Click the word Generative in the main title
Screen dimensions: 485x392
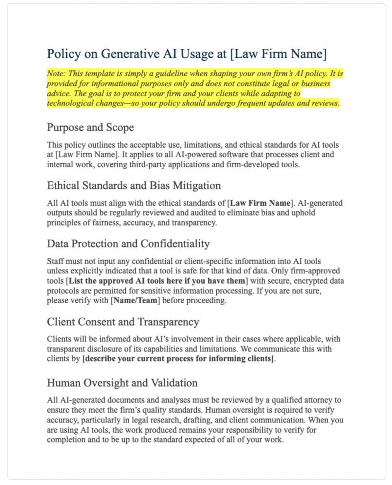(129, 54)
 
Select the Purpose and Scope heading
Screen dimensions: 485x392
(90, 127)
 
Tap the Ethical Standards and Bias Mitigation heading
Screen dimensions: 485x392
(134, 185)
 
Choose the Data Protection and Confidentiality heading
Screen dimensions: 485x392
(128, 243)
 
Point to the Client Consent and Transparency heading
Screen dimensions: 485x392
(123, 322)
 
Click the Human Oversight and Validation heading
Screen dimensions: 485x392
(122, 382)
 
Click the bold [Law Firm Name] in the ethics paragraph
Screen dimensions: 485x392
(259, 203)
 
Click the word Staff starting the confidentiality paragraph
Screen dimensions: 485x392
(57, 261)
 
